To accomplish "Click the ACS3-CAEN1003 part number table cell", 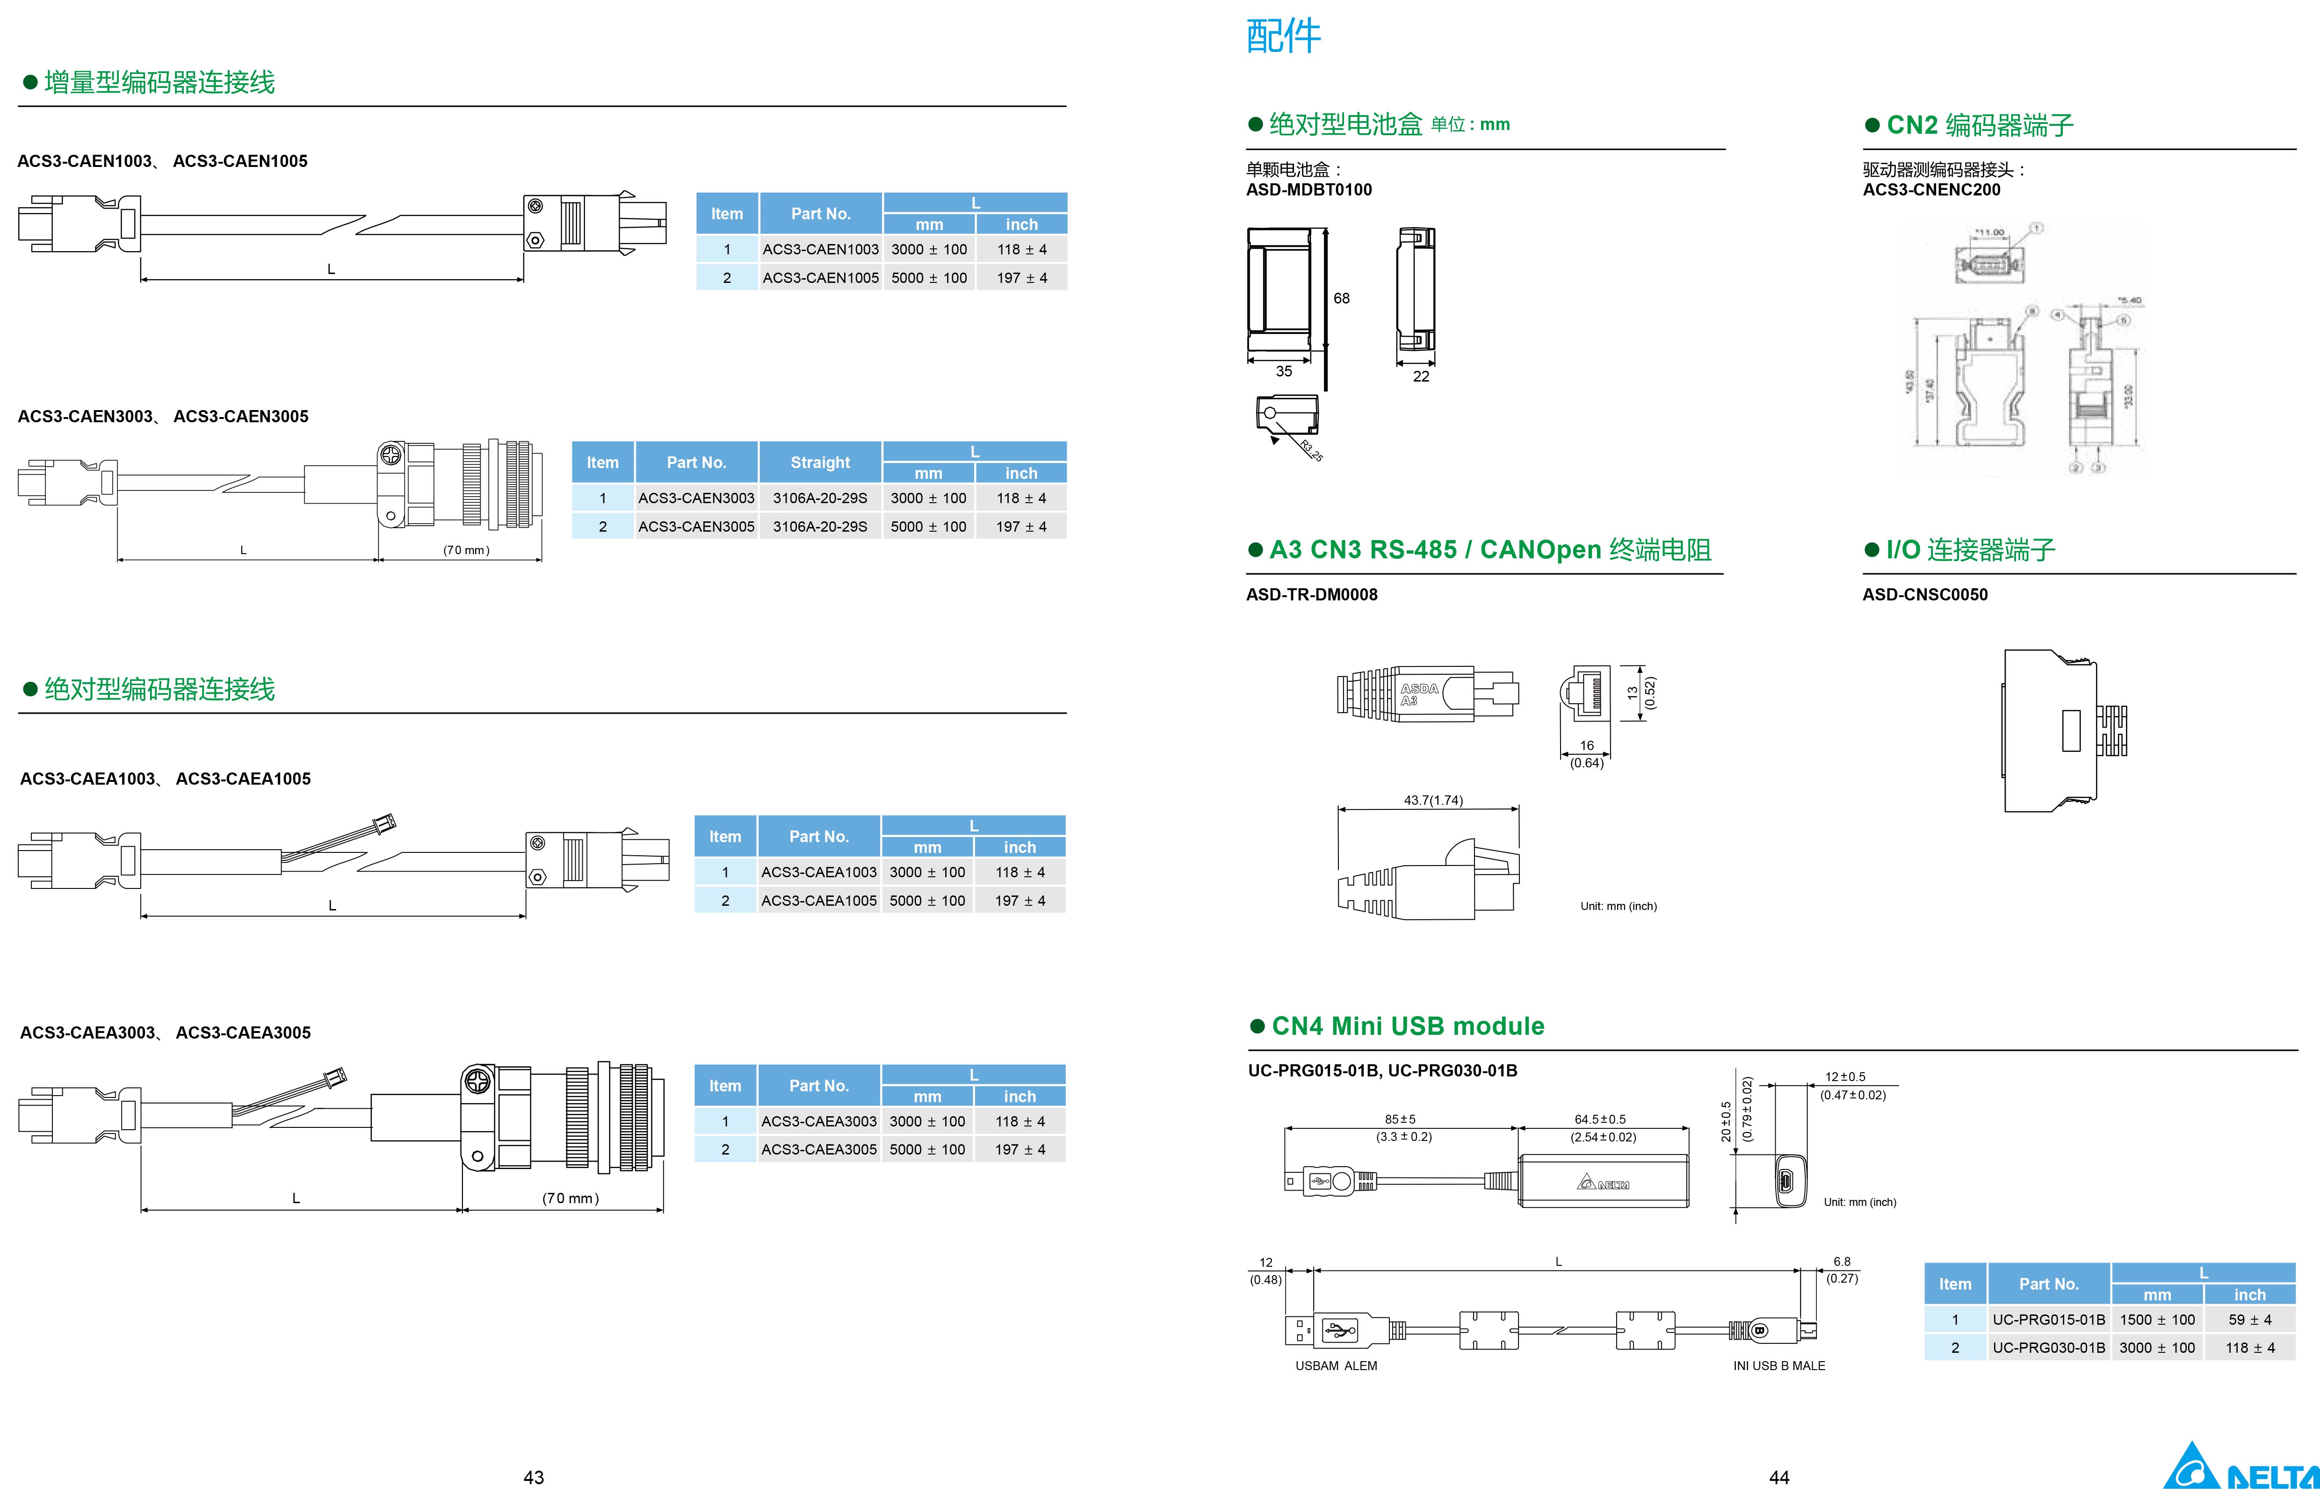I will pyautogui.click(x=820, y=249).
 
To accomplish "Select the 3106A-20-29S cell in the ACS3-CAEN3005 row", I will pyautogui.click(x=820, y=527).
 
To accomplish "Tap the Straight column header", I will pyautogui.click(x=820, y=463).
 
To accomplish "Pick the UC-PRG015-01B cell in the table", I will pyautogui.click(x=2048, y=1320).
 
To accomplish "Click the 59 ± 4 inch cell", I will pyautogui.click(x=2249, y=1320).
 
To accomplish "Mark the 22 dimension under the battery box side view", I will pyautogui.click(x=1421, y=376).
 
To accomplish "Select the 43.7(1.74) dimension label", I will pyautogui.click(x=1433, y=801).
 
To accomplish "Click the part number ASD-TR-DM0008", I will pyautogui.click(x=1311, y=595).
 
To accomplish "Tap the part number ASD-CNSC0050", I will pyautogui.click(x=1924, y=595).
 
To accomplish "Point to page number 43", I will pyautogui.click(x=534, y=1477).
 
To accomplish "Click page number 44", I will pyautogui.click(x=1778, y=1477).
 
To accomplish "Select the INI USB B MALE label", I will pyautogui.click(x=1778, y=1366).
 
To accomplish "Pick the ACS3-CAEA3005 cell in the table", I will pyautogui.click(x=819, y=1149).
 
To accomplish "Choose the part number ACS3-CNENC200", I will pyautogui.click(x=1931, y=190).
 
